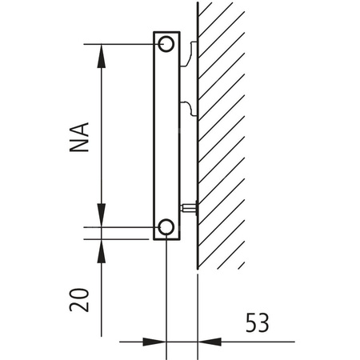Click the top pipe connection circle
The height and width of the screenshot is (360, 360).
(x=166, y=43)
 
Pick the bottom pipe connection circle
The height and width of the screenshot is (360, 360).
(x=166, y=228)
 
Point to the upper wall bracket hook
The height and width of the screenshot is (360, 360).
(x=187, y=55)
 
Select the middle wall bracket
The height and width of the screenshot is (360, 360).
(x=187, y=107)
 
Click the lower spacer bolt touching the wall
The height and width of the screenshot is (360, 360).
(x=190, y=208)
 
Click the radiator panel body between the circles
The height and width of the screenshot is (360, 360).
(x=166, y=136)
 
